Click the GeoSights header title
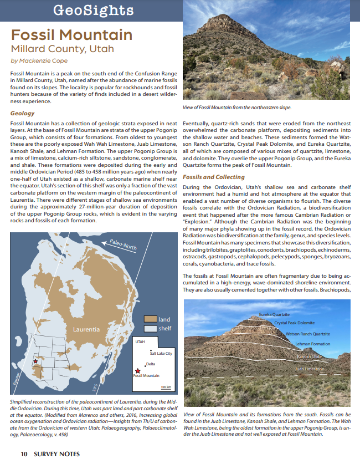click(x=92, y=10)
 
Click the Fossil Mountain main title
click(x=72, y=35)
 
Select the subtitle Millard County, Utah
click(x=63, y=49)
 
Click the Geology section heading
click(x=22, y=113)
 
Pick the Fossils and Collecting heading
click(x=214, y=177)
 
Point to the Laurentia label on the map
click(x=86, y=329)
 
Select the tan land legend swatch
click(x=150, y=319)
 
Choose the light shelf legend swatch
click(x=150, y=328)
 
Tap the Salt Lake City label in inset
click(x=161, y=353)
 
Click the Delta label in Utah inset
click(x=150, y=364)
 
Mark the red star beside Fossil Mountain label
click(x=137, y=371)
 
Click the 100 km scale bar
click(x=165, y=389)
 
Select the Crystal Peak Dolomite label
click(x=294, y=323)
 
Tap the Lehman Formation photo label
click(x=312, y=344)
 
